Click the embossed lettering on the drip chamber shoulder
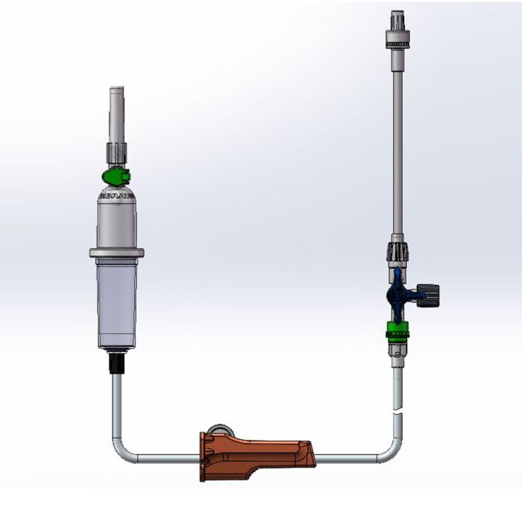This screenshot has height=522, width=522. click(x=116, y=196)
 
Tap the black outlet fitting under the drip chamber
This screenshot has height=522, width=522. click(x=116, y=363)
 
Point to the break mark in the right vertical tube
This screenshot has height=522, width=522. click(x=397, y=409)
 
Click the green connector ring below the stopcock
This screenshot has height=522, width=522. click(x=397, y=329)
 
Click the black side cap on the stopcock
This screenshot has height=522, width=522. click(x=431, y=292)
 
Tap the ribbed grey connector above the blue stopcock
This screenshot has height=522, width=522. click(x=396, y=251)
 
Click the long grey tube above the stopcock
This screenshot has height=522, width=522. click(x=397, y=149)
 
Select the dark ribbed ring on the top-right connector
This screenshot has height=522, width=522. click(x=397, y=44)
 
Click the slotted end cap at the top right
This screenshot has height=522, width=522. click(x=397, y=19)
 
